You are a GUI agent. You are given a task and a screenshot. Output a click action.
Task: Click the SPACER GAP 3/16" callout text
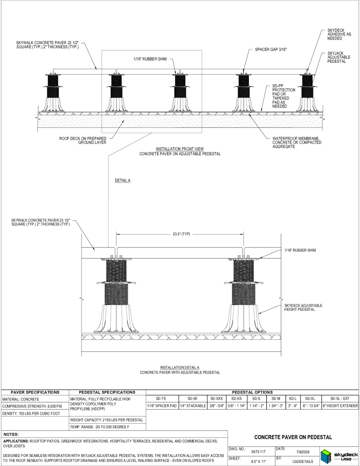pyautogui.click(x=271, y=50)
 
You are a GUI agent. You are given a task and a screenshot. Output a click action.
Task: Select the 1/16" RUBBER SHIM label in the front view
pyautogui.click(x=150, y=59)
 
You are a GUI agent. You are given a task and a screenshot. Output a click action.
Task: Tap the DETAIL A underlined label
pyautogui.click(x=122, y=180)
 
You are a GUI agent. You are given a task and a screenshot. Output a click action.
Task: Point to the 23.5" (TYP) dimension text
pyautogui.click(x=181, y=234)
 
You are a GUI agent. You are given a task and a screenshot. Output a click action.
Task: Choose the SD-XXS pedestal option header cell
pyautogui.click(x=216, y=399)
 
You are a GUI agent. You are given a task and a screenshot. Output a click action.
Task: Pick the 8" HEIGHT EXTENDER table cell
pyautogui.click(x=340, y=405)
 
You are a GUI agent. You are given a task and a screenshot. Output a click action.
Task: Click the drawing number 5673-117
pyautogui.click(x=259, y=452)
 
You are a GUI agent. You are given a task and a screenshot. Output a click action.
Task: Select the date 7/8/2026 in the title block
pyautogui.click(x=303, y=452)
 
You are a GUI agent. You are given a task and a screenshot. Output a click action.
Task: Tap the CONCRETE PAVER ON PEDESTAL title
pyautogui.click(x=293, y=437)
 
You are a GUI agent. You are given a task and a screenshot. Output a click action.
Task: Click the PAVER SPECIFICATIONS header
pyautogui.click(x=35, y=392)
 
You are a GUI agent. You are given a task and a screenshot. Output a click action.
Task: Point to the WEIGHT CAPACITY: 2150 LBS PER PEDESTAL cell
pyautogui.click(x=106, y=420)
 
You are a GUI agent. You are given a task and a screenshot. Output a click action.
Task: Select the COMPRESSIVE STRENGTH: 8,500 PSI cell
pyautogui.click(x=32, y=406)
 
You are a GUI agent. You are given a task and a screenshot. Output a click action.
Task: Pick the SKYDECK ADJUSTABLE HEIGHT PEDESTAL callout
pyautogui.click(x=303, y=307)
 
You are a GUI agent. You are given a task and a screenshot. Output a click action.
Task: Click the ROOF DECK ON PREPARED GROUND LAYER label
pyautogui.click(x=83, y=140)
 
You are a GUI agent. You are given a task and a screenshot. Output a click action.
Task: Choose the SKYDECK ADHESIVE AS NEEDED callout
pyautogui.click(x=339, y=35)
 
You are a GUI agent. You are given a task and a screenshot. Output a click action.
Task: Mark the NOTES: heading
pyautogui.click(x=11, y=435)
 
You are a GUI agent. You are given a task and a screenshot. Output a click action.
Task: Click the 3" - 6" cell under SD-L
pyautogui.click(x=293, y=405)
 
